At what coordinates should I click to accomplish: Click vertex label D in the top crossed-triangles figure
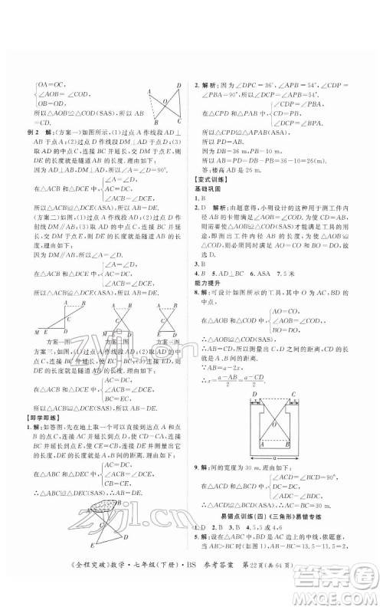pyautogui.click(x=178, y=85)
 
